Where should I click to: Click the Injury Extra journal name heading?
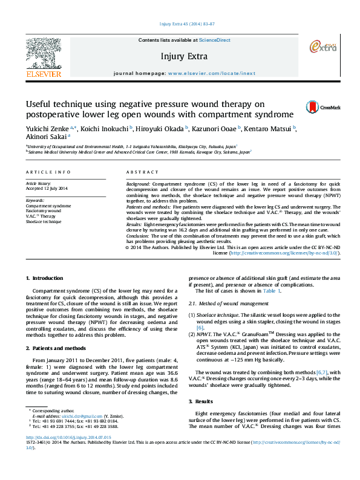click(184, 56)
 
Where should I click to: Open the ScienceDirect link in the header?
click(215, 40)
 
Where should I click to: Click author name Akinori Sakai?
click(45, 137)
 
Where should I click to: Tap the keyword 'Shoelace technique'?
click(44, 222)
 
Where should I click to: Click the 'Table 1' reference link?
click(271, 291)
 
